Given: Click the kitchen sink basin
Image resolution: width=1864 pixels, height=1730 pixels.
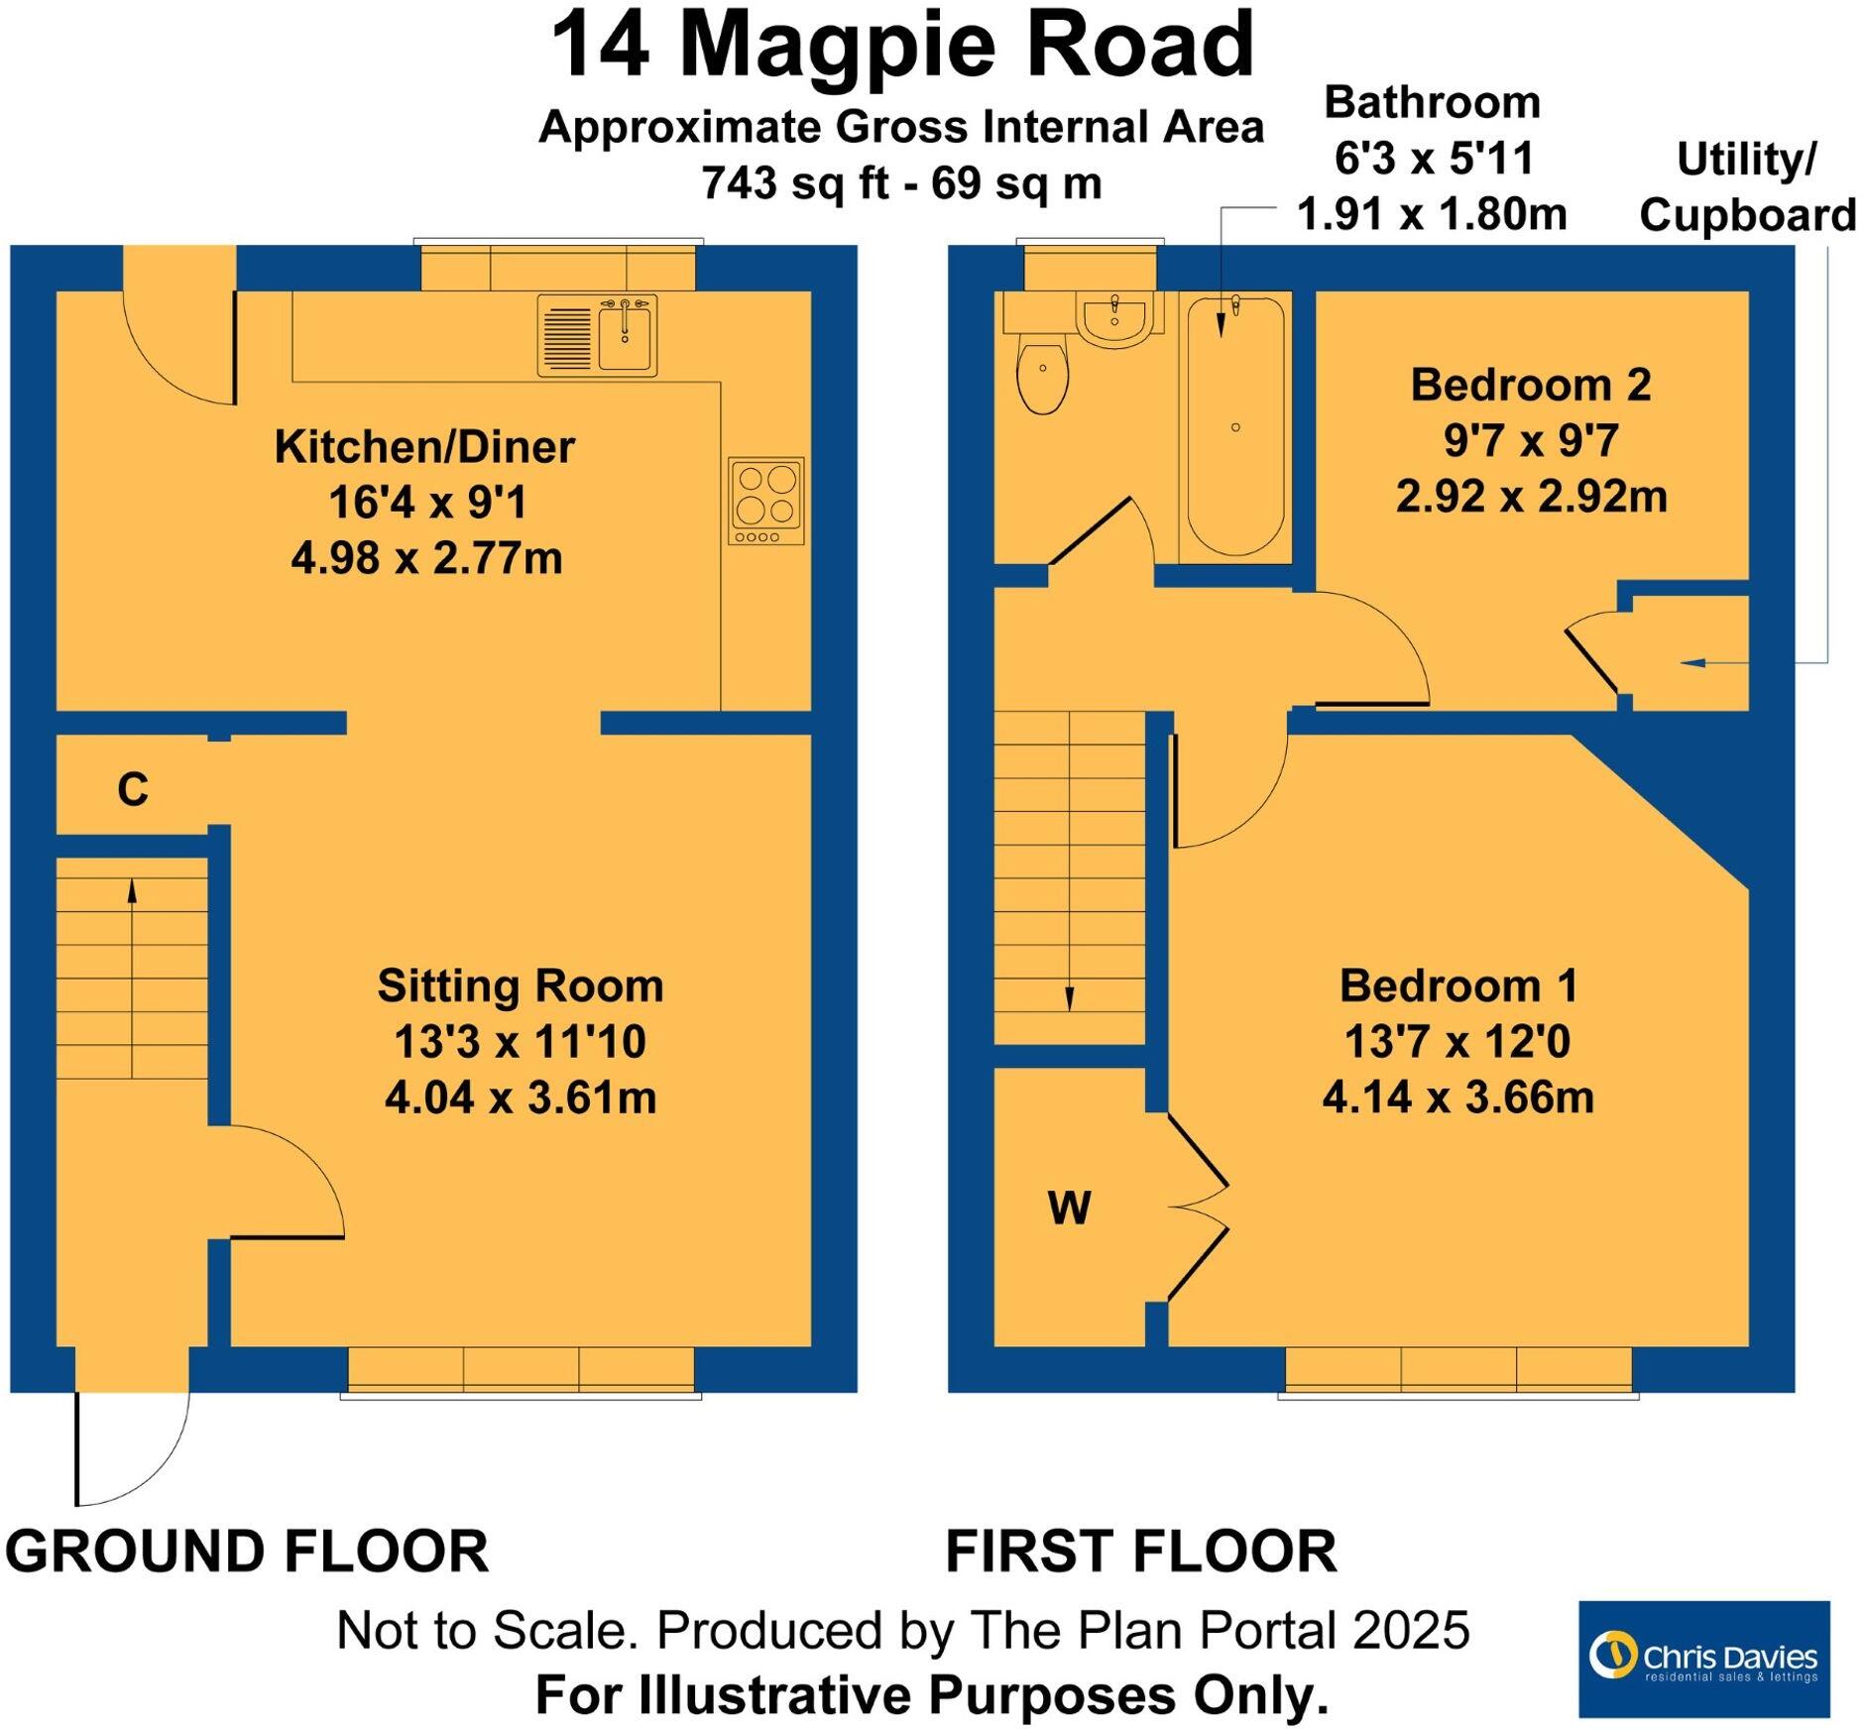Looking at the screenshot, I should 625,338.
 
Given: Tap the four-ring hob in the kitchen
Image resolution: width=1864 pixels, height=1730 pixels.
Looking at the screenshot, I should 766,500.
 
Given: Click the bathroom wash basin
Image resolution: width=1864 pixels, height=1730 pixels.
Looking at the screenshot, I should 1115,318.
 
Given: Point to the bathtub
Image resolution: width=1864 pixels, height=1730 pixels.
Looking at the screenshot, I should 1235,426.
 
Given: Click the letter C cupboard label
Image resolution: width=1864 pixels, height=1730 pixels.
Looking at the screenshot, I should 133,790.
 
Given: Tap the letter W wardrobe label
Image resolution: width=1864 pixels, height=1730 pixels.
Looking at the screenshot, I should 1069,1208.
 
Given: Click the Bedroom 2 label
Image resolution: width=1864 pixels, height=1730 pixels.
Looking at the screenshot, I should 1531,385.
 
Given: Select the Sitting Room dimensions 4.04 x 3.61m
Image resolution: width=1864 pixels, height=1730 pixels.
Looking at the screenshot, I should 521,1097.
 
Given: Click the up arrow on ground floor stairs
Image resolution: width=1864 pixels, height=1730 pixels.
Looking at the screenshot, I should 132,892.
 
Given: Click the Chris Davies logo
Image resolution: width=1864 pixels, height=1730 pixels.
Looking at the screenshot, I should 1703,1657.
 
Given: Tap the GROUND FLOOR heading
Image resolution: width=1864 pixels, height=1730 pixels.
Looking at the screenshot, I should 247,1552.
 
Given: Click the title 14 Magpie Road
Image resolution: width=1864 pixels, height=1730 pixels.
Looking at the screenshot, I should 902,46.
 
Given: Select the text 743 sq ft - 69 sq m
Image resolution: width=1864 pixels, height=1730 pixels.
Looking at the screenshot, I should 901,182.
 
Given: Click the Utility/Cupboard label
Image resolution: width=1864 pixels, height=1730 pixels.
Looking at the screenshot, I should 1747,187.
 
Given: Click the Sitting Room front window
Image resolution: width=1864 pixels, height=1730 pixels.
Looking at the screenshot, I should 521,1370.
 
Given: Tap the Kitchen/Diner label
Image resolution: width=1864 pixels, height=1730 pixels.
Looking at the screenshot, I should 424,447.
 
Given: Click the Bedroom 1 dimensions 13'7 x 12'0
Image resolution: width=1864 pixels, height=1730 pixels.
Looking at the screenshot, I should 1457,1042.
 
